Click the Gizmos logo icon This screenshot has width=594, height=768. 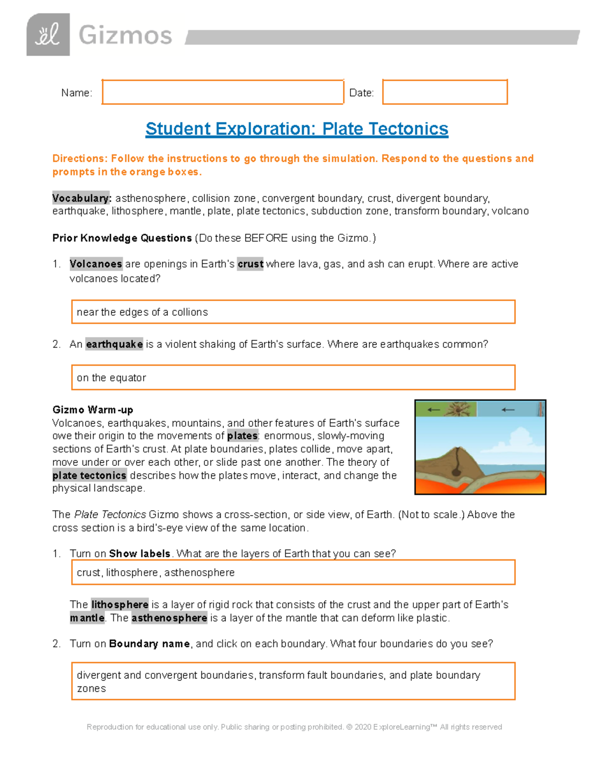(48, 35)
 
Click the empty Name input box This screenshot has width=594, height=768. (223, 92)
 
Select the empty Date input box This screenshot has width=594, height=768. (445, 92)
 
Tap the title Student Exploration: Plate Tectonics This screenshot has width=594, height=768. (297, 129)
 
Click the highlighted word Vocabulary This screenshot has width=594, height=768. (82, 198)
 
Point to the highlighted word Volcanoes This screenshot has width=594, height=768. (96, 264)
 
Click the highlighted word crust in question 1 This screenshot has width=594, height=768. (250, 264)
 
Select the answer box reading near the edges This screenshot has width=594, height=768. (293, 312)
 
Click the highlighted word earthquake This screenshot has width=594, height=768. (114, 344)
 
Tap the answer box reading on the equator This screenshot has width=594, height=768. (293, 378)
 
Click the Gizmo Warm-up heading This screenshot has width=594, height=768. (93, 410)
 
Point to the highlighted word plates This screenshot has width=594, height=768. (242, 436)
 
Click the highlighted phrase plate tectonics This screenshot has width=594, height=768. (90, 475)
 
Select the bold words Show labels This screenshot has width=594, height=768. (140, 554)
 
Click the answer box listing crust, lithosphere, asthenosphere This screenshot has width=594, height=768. (293, 573)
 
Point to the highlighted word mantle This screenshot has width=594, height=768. (87, 618)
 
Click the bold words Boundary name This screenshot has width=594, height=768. (149, 644)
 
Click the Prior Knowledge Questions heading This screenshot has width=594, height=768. (122, 238)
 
